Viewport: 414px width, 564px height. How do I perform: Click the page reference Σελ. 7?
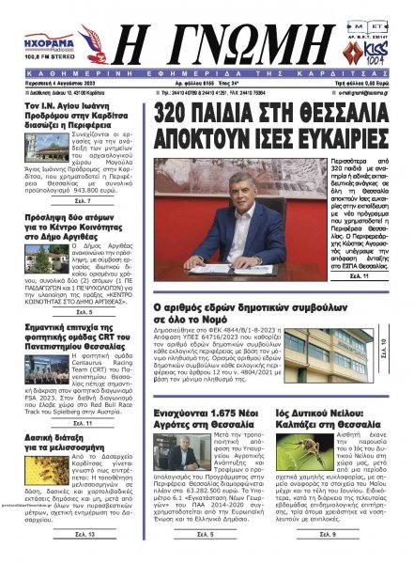tap(84, 229)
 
